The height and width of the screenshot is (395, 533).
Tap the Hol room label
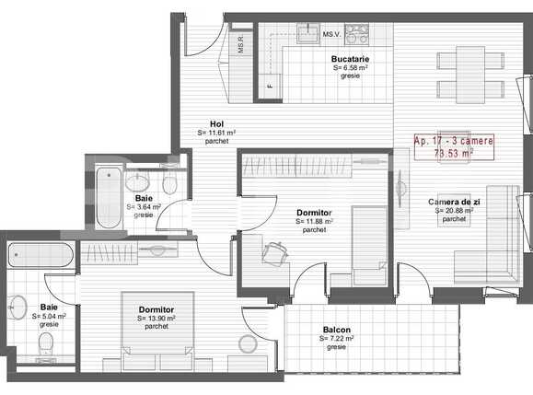click(x=216, y=124)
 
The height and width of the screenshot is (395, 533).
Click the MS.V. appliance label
click(x=330, y=34)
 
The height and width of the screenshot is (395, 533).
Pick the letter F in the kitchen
click(x=270, y=86)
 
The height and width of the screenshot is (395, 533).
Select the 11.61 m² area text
click(x=216, y=134)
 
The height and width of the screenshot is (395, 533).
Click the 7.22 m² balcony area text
click(x=336, y=339)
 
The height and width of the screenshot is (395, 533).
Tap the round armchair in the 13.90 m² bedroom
click(x=248, y=346)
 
